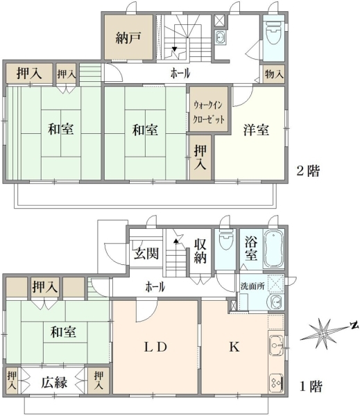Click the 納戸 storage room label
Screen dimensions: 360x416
pos(128,37)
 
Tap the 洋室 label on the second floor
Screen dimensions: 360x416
pos(256,130)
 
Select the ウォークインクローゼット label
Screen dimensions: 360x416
pos(209,112)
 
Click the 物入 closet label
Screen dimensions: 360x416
pos(274,73)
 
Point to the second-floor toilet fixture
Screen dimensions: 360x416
pos(273,33)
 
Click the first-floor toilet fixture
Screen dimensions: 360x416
pos(226,239)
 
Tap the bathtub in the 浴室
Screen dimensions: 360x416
pos(273,249)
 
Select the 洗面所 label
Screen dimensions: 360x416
pos(252,286)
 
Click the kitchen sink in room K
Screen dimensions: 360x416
pos(275,345)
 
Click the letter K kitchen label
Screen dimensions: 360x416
pos(234,347)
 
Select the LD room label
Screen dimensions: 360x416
pos(155,347)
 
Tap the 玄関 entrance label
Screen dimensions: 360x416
pos(146,253)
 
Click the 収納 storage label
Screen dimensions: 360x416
pos(200,251)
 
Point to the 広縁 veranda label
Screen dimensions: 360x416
pos(54,383)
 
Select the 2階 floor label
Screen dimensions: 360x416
pos(308,171)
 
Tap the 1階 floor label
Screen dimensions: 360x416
pos(311,386)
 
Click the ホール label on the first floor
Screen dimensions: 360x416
pos(155,287)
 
